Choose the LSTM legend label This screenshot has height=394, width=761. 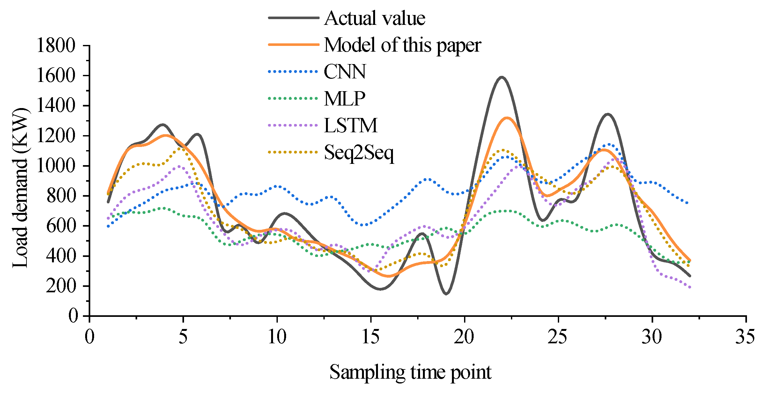point(351,125)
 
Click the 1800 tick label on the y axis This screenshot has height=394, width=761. point(56,45)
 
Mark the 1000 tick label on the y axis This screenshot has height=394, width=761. point(56,166)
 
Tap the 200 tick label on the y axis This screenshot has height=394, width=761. point(61,286)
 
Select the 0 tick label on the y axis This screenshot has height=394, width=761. point(73,316)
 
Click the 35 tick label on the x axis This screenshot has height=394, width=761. point(745,337)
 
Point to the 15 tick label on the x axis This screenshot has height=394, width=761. point(371,337)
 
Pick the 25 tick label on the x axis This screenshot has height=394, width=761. point(558,337)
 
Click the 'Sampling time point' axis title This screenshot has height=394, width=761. point(410,372)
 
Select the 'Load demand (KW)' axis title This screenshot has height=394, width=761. point(20,188)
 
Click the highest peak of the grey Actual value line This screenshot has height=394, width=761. point(502,77)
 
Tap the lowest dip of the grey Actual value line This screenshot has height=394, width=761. point(446,294)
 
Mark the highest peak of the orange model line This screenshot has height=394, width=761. point(507,118)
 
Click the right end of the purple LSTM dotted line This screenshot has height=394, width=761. point(690,288)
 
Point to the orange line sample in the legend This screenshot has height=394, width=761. point(293,45)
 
